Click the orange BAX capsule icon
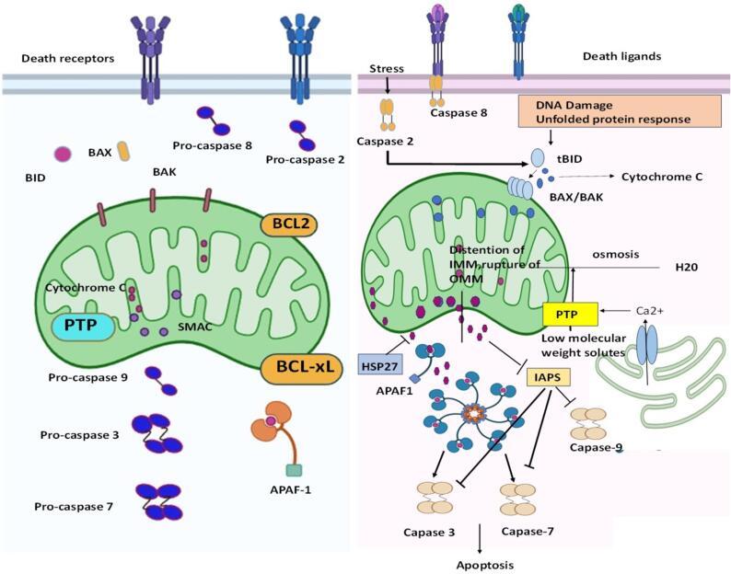(x=123, y=153)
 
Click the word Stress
(x=387, y=68)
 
